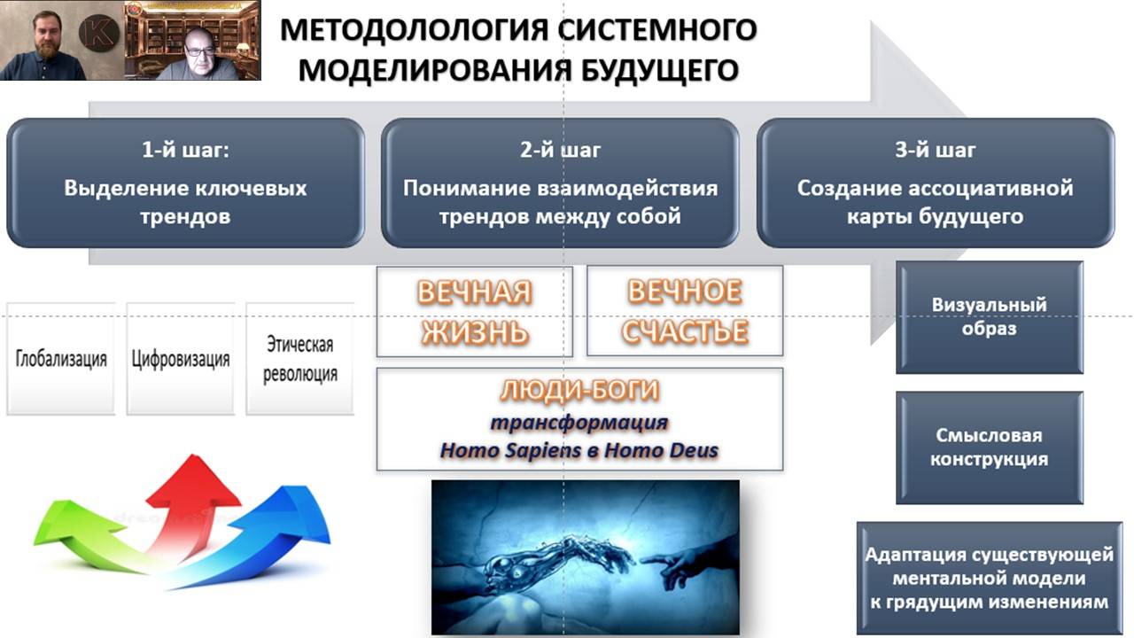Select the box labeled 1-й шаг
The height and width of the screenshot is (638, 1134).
coord(185,183)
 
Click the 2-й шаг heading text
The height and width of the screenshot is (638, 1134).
coord(560,150)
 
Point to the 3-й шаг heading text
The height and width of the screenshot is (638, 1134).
coord(935,150)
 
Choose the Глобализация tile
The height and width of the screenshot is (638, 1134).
coord(61,359)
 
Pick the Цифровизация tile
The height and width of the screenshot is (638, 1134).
coord(181,359)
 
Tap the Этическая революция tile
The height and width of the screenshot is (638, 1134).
coord(299,359)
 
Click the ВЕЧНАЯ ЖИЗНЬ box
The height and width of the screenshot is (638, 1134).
coord(474,311)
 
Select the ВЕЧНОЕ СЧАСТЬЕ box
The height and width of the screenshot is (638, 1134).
coord(685,311)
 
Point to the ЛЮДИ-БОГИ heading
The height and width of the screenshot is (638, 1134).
coord(579,391)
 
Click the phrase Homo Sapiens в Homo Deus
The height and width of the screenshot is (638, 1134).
coord(579,450)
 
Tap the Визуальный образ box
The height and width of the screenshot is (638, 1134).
coord(989,316)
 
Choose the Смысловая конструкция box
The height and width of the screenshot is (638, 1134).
coord(989,447)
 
